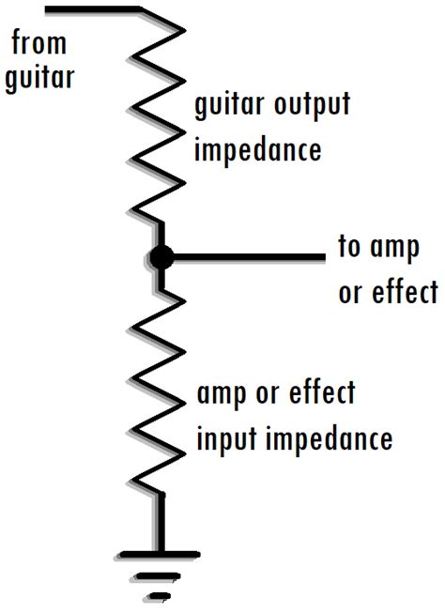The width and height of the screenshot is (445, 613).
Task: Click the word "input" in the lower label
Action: click(222, 438)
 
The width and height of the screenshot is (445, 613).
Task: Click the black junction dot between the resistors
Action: click(161, 256)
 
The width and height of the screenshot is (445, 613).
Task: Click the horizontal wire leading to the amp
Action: click(249, 256)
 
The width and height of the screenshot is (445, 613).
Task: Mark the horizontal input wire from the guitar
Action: click(94, 10)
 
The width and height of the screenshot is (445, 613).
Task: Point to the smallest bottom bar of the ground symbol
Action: click(161, 595)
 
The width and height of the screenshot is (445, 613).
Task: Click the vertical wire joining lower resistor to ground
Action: click(161, 521)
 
